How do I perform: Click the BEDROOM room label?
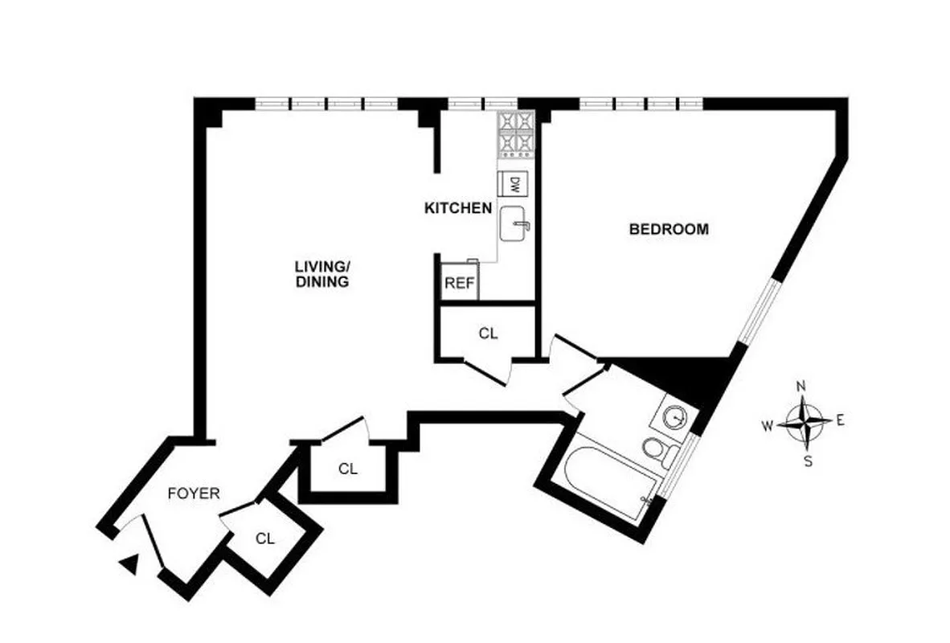(669, 229)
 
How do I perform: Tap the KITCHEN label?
(458, 208)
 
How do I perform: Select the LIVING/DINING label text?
(321, 274)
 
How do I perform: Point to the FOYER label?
(193, 494)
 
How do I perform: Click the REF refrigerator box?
(459, 284)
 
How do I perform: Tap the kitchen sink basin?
(514, 224)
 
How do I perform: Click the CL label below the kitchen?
(488, 333)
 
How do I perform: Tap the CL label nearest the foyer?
(265, 539)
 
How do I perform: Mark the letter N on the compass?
(801, 387)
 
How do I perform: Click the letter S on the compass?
(809, 461)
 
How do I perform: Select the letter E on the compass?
(841, 420)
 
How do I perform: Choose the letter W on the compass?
(768, 425)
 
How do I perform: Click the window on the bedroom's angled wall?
(760, 313)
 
